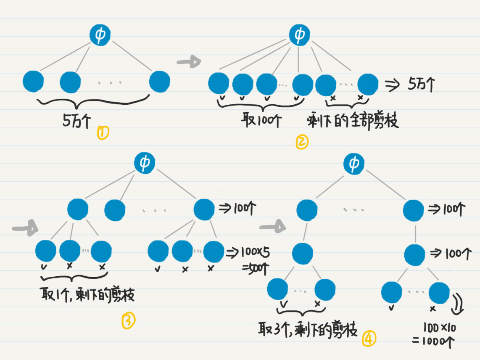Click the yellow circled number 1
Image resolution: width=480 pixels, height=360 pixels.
tap(103, 133)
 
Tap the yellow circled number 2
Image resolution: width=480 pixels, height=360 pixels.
tap(302, 143)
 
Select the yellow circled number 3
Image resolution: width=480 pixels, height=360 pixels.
tap(128, 321)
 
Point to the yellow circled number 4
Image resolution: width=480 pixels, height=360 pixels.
tap(369, 339)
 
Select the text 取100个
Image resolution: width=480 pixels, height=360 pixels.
tap(261, 121)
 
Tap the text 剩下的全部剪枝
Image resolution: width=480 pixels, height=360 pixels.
tap(353, 121)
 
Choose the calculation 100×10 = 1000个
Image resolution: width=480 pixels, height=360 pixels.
tap(433, 335)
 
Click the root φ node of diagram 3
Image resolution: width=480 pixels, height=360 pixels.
tap(145, 163)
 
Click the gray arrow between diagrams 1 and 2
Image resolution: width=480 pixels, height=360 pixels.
tap(189, 62)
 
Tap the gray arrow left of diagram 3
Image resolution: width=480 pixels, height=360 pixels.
tap(25, 230)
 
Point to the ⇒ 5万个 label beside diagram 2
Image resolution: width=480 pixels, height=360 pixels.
tap(410, 85)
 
